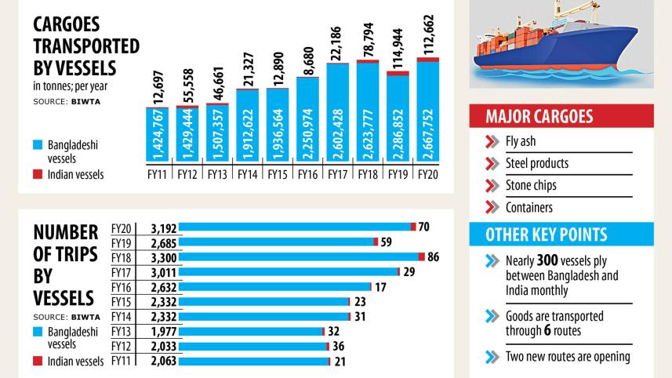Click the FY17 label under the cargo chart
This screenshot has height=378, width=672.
point(338,174)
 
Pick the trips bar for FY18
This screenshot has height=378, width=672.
point(299,256)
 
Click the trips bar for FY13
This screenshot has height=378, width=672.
point(251,331)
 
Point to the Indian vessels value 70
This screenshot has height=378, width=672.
point(424,227)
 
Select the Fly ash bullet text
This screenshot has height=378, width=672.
point(521,143)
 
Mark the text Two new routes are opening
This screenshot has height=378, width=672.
point(568,357)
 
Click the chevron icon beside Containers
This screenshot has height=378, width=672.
point(492,208)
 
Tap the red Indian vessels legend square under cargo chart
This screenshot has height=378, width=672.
point(38,174)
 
